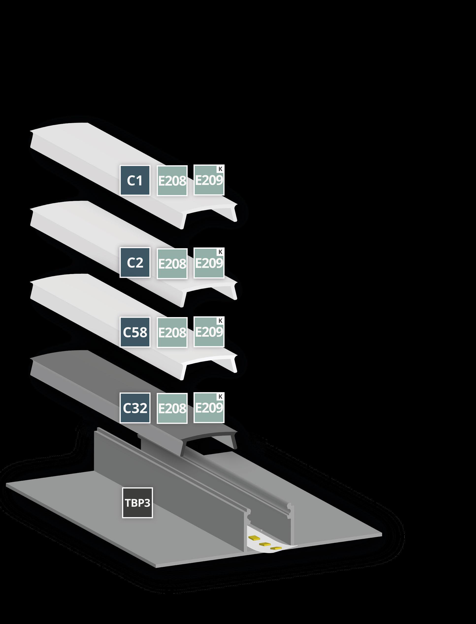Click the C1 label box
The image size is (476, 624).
[135, 180]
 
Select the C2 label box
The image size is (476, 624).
[135, 263]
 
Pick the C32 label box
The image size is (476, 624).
[135, 408]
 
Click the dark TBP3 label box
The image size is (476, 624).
[137, 503]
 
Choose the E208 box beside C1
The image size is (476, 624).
[172, 180]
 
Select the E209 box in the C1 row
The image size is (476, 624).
[209, 180]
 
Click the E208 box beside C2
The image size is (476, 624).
[172, 263]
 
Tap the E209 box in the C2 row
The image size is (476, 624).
[209, 263]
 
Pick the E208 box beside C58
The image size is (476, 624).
[172, 332]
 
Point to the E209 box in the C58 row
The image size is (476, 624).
[209, 332]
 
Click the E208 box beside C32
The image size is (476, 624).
[172, 408]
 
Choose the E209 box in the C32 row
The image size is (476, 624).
[209, 408]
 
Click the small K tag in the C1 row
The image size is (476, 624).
[220, 169]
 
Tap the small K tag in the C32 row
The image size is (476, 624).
[220, 397]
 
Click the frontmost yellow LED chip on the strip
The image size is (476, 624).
[276, 549]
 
